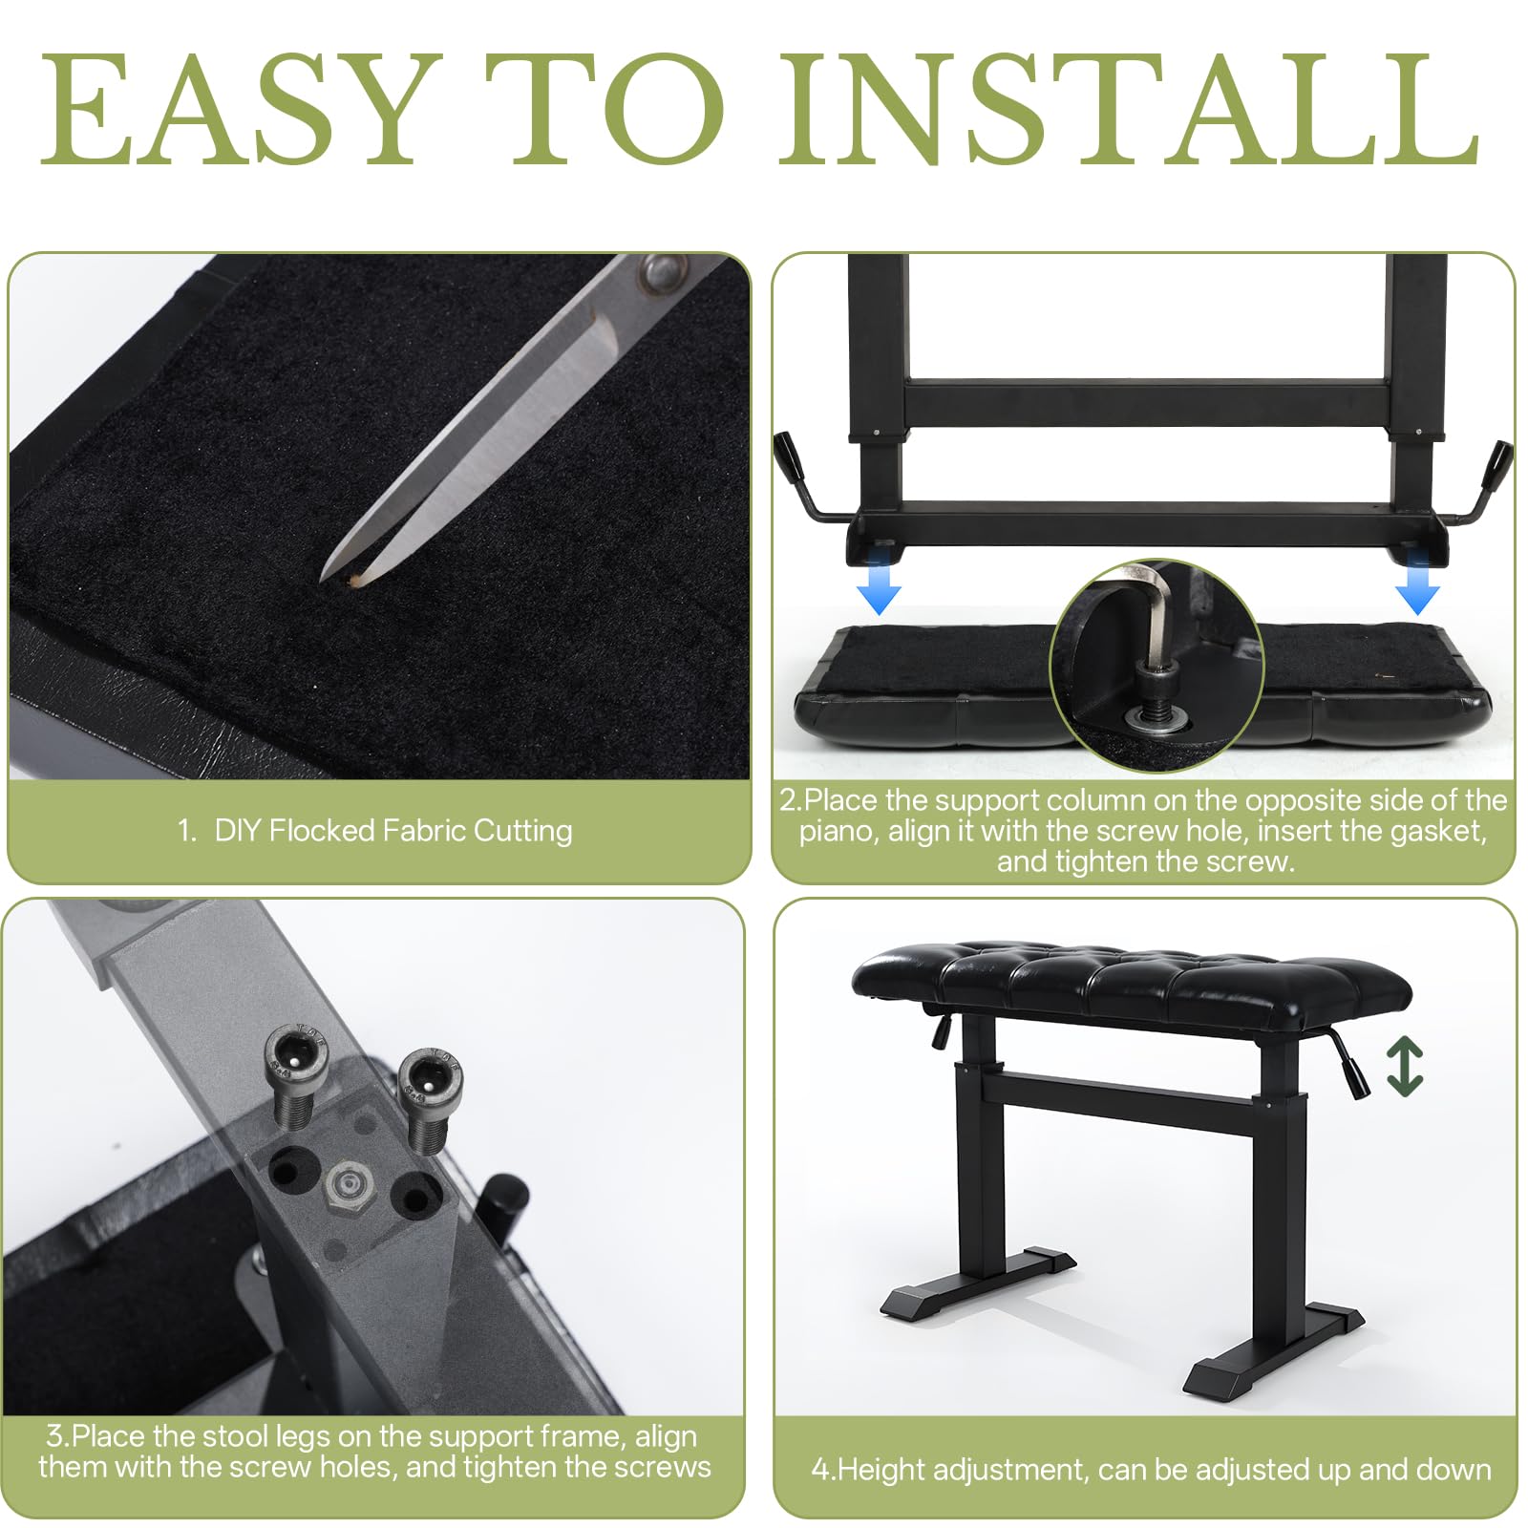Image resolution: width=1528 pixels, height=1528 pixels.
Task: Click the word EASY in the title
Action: click(x=240, y=109)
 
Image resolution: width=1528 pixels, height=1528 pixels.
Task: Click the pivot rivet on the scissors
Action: click(x=662, y=273)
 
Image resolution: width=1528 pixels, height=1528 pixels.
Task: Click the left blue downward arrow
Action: click(x=879, y=587)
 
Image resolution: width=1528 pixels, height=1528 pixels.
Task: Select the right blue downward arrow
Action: click(x=1417, y=587)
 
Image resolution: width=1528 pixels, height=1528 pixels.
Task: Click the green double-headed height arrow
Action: click(x=1405, y=1066)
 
